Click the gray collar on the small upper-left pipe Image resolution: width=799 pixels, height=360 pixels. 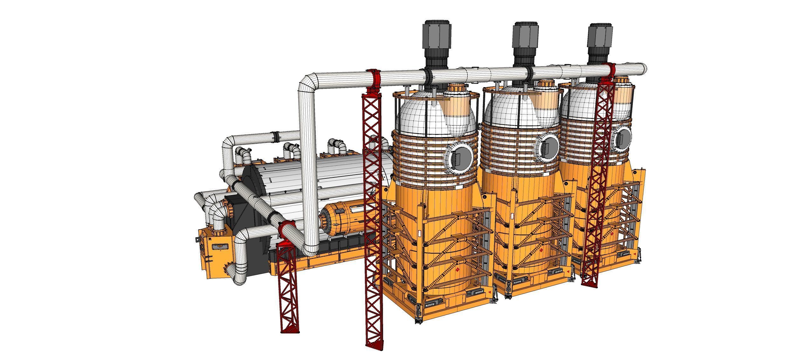[x=276, y=137]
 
